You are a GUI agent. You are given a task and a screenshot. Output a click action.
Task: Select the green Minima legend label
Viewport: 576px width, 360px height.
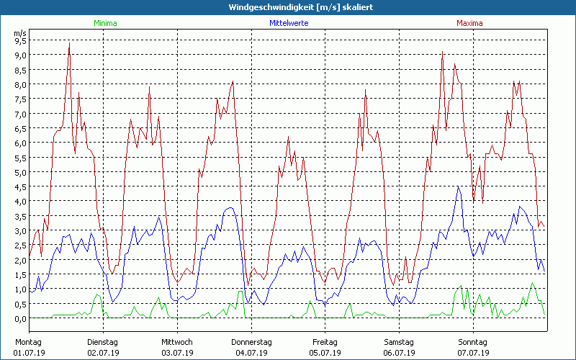[104, 23]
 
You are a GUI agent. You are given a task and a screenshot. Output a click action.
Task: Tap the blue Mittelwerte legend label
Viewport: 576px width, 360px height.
[289, 23]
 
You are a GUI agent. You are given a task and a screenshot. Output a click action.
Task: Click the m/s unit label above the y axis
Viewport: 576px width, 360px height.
[20, 32]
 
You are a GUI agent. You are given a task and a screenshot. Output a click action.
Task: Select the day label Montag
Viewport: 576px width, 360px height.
[28, 342]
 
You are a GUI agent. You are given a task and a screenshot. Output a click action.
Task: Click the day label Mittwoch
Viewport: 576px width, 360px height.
[177, 342]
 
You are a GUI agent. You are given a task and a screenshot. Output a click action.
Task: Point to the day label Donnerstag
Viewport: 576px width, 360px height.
[251, 342]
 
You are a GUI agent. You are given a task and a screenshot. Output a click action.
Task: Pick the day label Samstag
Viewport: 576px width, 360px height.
[400, 342]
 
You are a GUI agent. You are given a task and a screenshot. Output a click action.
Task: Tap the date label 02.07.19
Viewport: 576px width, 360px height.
[103, 353]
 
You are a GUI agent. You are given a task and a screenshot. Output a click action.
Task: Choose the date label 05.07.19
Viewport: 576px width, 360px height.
[325, 353]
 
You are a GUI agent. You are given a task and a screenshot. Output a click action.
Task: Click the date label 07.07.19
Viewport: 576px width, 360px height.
[474, 353]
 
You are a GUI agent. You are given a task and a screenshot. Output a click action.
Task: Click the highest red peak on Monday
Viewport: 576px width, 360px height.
[69, 43]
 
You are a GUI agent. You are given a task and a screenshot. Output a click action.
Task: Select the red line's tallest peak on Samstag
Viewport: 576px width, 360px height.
[442, 52]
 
